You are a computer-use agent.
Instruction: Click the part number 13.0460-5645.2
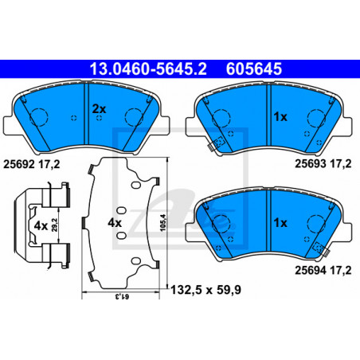pyautogui.click(x=148, y=68)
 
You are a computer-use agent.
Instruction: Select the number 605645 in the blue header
pyautogui.click(x=253, y=68)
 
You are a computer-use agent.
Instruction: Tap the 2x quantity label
pyautogui.click(x=99, y=109)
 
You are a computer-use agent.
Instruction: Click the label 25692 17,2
pyautogui.click(x=31, y=165)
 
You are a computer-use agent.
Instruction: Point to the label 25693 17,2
pyautogui.click(x=323, y=164)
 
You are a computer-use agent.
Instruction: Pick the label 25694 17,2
pyautogui.click(x=323, y=270)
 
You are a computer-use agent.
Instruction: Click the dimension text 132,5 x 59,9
pyautogui.click(x=205, y=290)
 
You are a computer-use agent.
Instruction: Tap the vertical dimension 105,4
pyautogui.click(x=162, y=222)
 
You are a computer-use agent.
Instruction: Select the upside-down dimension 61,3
pyautogui.click(x=122, y=296)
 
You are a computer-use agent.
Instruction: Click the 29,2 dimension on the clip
pyautogui.click(x=54, y=225)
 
